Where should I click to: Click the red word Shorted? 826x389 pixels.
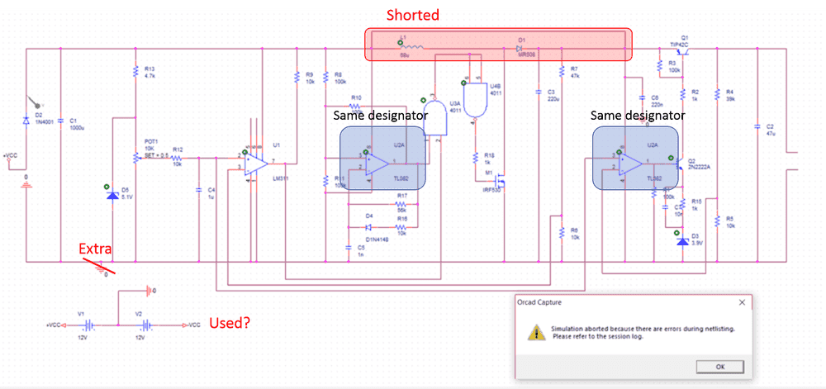[413, 15]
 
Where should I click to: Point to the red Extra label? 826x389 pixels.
[94, 249]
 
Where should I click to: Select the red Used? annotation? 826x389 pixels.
[230, 323]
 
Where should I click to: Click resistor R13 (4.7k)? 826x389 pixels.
[135, 72]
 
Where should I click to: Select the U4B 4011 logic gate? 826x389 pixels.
[474, 100]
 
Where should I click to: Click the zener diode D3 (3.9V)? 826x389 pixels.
[681, 242]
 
